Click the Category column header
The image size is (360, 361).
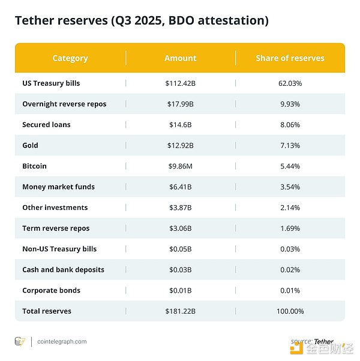click(70, 58)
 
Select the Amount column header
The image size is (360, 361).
click(180, 58)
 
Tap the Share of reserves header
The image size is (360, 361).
click(290, 58)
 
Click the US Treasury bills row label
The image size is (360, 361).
click(51, 83)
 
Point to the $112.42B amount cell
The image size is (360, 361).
click(181, 83)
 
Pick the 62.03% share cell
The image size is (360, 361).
click(290, 83)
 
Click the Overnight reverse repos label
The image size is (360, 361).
click(64, 104)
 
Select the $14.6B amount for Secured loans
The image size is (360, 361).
click(181, 125)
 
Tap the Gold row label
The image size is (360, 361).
click(30, 145)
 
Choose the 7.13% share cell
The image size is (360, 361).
click(290, 145)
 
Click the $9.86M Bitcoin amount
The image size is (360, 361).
click(181, 166)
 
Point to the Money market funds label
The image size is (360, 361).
click(58, 186)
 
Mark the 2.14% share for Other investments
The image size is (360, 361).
click(290, 207)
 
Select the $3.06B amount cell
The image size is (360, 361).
click(181, 228)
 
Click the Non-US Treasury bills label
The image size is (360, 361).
click(59, 249)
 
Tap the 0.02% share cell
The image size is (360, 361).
click(290, 270)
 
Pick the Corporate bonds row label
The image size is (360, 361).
click(51, 290)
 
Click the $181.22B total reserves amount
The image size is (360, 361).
click(181, 311)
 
